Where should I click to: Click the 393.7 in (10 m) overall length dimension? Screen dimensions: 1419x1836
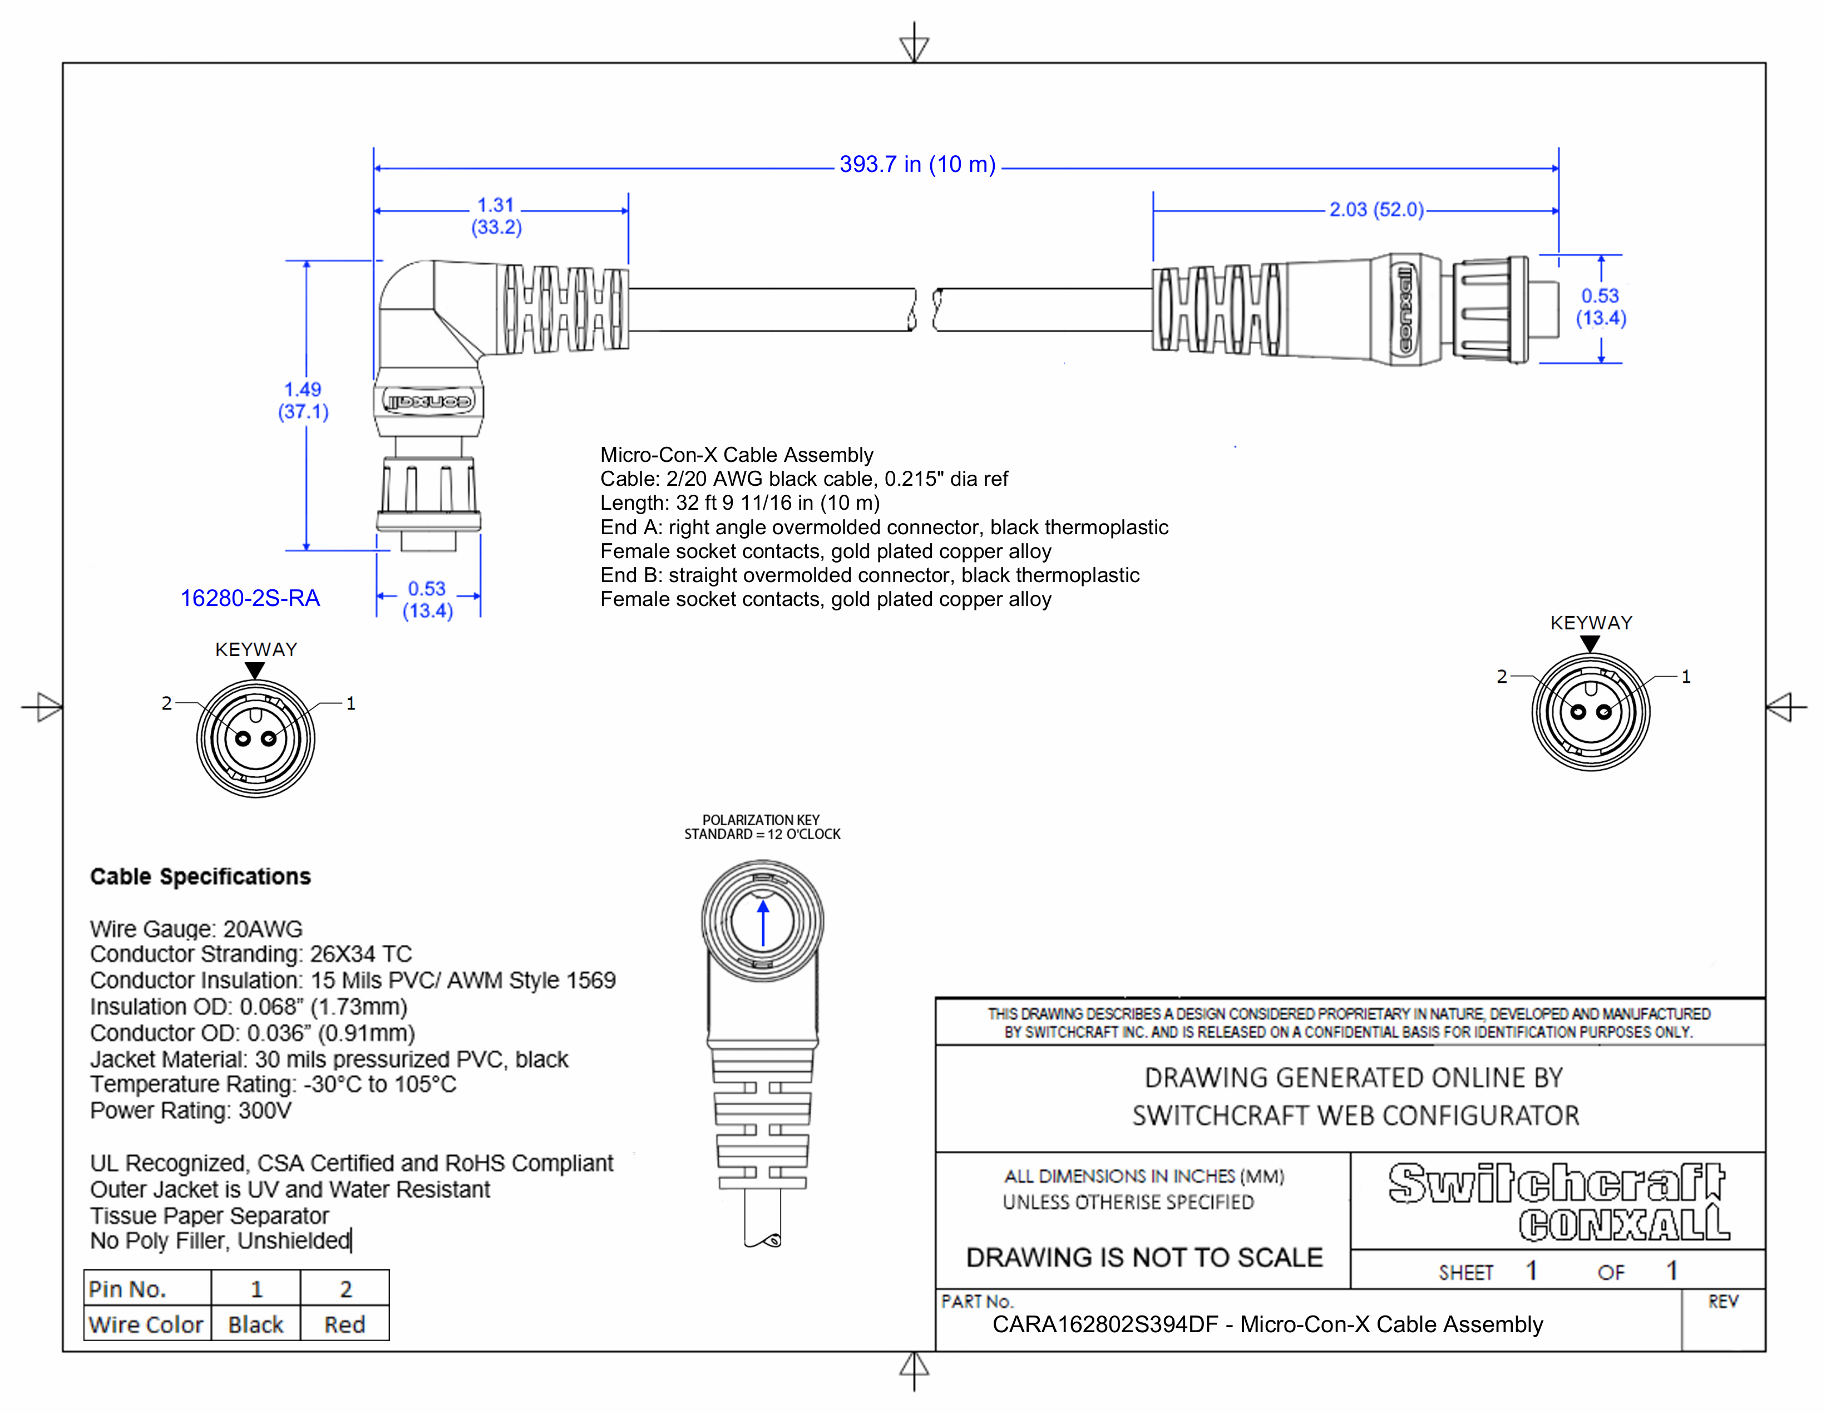coord(916,165)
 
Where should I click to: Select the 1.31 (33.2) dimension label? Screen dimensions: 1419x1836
coord(496,216)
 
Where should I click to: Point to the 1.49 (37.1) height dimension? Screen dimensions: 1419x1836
coord(303,400)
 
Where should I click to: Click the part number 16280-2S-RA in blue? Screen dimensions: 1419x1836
coord(250,599)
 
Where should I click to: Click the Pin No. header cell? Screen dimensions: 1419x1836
coord(128,1289)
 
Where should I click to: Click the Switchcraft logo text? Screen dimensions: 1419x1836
coord(1555,1183)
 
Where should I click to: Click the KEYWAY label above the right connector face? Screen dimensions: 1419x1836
coord(1591,623)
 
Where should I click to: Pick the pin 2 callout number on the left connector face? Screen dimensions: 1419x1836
coord(166,703)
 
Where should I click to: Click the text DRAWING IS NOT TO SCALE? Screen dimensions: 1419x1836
coord(1143,1258)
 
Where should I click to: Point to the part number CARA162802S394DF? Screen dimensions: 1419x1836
coord(1104,1325)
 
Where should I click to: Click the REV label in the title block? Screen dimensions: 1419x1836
coord(1722,1302)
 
